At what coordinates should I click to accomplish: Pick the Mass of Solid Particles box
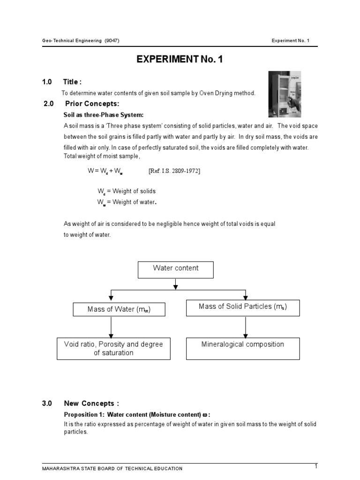pos(243,307)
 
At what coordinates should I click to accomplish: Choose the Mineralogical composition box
pos(243,348)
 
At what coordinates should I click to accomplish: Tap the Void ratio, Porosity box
pos(113,348)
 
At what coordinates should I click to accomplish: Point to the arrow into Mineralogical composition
pos(244,327)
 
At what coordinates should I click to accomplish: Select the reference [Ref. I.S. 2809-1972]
pos(174,171)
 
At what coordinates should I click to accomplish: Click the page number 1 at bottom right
pos(316,466)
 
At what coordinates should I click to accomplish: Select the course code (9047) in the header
pos(112,40)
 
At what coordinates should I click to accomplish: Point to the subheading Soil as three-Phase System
pos(103,115)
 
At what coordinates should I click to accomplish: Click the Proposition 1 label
pos(84,415)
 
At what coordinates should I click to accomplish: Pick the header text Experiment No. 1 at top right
pos(291,40)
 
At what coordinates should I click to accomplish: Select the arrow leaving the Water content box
pos(175,284)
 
